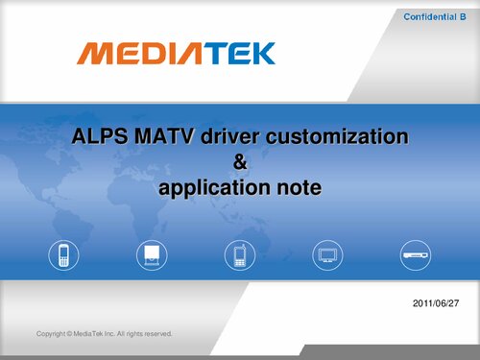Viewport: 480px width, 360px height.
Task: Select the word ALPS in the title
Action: [99, 138]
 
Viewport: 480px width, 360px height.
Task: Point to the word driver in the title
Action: [228, 138]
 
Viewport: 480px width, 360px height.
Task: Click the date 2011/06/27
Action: [434, 302]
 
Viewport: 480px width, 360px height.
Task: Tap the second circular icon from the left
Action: [152, 255]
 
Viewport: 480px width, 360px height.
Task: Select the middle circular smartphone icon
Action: [240, 255]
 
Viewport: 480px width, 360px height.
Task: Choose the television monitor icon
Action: [328, 255]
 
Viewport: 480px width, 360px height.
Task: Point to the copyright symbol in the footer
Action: [70, 334]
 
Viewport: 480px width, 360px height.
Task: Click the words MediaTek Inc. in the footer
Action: [97, 334]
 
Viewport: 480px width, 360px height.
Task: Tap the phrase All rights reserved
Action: [145, 334]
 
